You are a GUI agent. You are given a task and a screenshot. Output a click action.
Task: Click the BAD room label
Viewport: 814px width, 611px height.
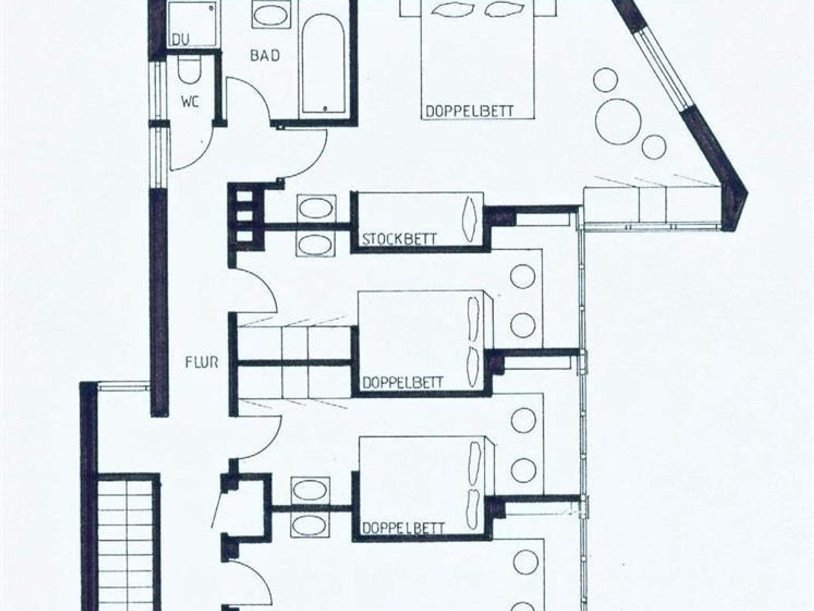265,55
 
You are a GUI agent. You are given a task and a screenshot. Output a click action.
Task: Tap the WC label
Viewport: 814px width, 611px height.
190,102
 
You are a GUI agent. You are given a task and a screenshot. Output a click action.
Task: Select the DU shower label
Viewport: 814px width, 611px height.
181,39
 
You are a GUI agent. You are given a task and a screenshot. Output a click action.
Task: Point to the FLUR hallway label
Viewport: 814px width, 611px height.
202,362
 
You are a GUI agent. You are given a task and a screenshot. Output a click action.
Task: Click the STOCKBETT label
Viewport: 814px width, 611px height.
399,239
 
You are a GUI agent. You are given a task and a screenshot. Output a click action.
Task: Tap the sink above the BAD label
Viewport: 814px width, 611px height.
272,15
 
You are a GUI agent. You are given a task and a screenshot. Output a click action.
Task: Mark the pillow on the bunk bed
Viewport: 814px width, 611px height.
470,219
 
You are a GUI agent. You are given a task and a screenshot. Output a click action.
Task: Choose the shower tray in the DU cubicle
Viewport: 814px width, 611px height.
193,24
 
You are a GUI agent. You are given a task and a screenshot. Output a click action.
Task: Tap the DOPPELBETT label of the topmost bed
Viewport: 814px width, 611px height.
469,111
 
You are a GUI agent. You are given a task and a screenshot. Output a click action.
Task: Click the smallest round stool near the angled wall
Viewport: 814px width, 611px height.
653,147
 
